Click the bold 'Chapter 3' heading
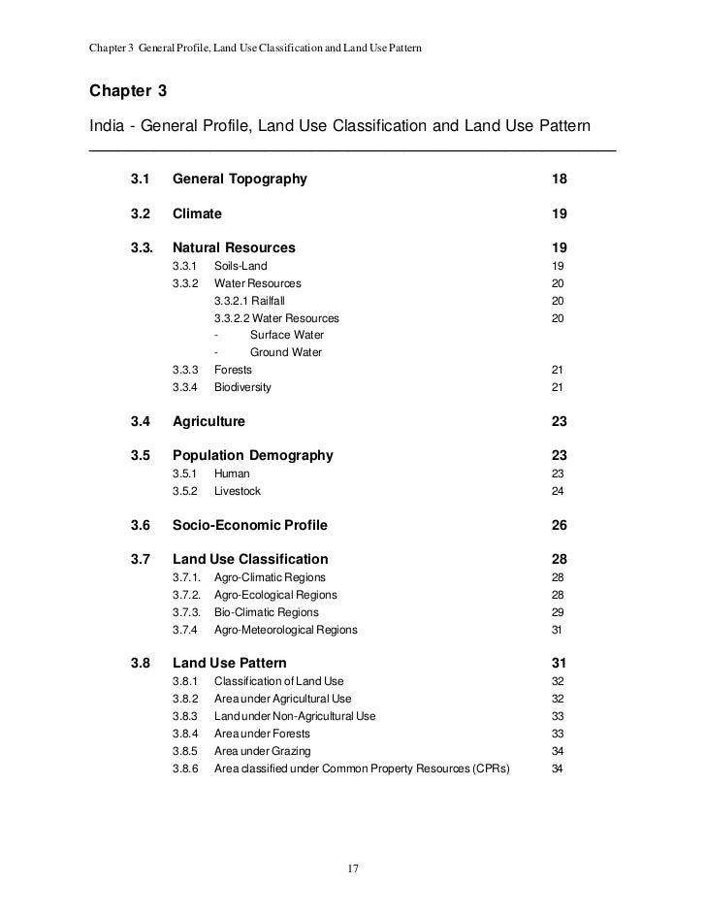[x=128, y=92]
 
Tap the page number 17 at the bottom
[x=353, y=867]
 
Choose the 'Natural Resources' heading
[x=234, y=247]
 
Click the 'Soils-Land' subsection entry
[x=241, y=266]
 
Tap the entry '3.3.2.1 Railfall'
[x=249, y=301]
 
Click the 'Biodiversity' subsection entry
[x=242, y=387]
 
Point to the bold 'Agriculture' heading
[x=209, y=422]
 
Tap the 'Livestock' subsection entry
[x=239, y=491]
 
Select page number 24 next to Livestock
[x=558, y=491]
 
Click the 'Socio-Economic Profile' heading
[x=249, y=525]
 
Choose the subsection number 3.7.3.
[x=186, y=612]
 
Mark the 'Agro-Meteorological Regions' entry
[x=285, y=630]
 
